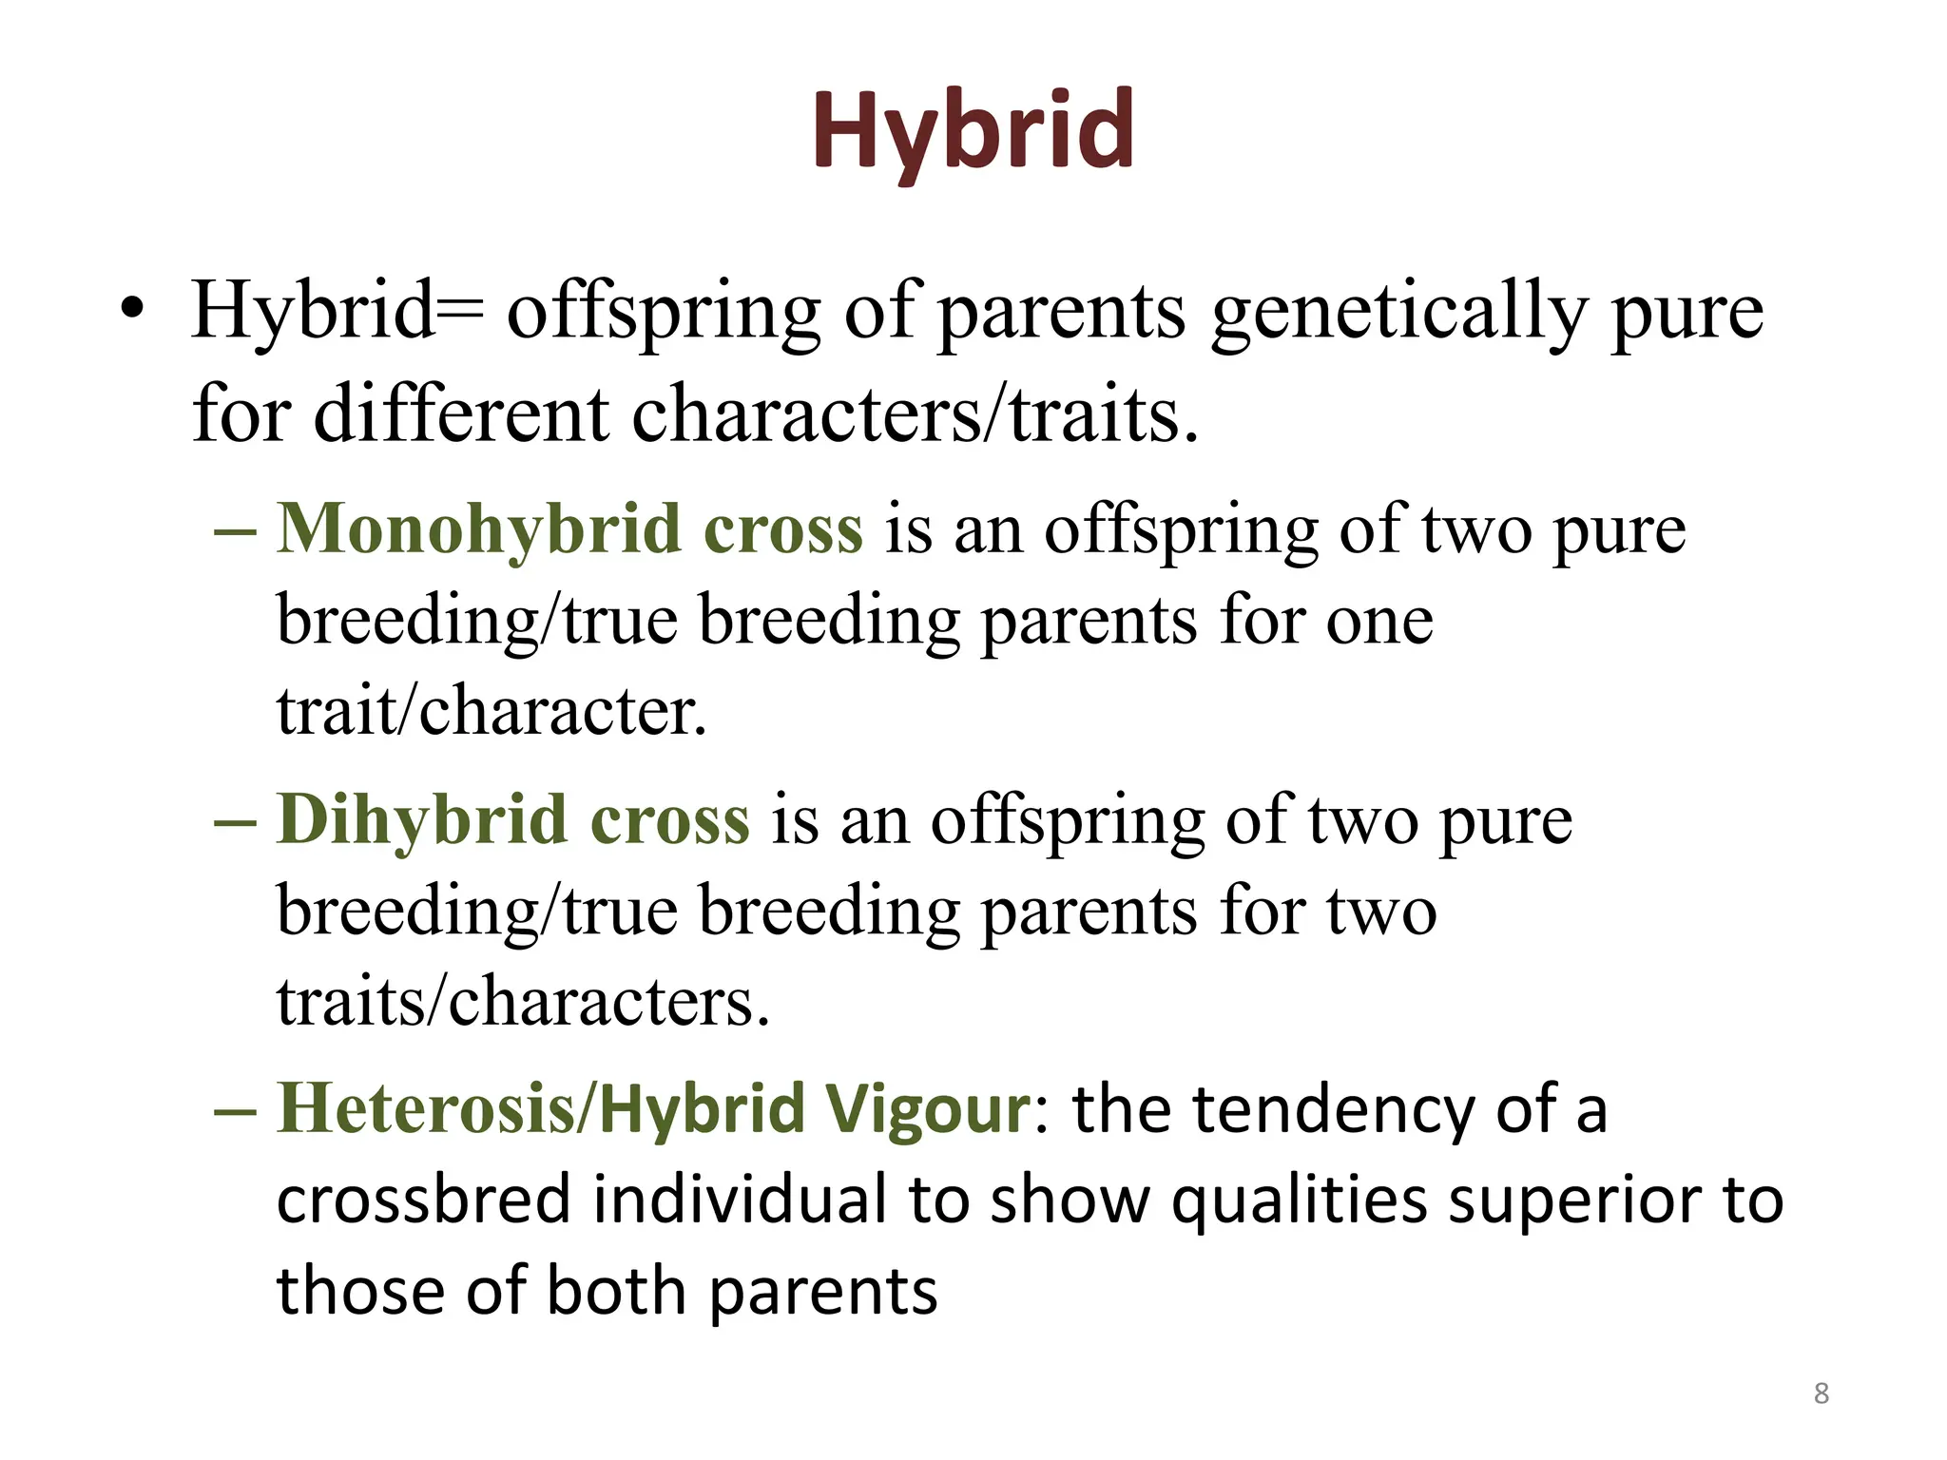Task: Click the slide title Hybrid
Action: [x=973, y=130]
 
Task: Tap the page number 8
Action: [x=1821, y=1393]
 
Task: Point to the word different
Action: [x=461, y=415]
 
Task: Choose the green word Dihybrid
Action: [x=420, y=820]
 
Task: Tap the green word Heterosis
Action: [x=425, y=1109]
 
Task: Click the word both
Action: [x=616, y=1292]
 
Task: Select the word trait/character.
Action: [x=492, y=711]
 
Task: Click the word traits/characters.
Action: [x=522, y=1002]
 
